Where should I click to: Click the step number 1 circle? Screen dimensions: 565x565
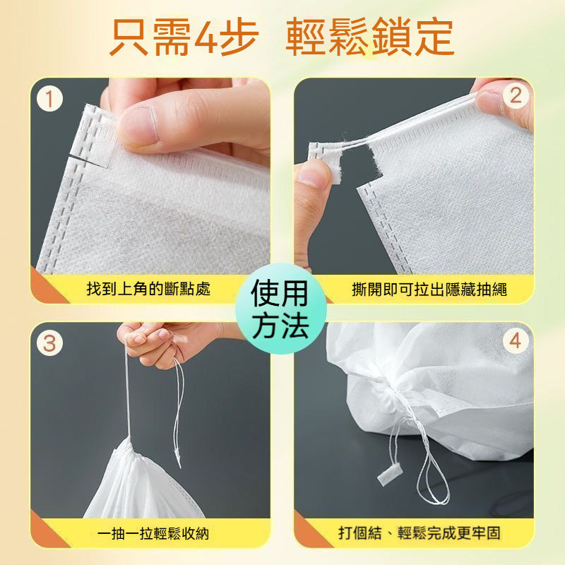(x=49, y=99)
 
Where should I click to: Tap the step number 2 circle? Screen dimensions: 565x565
(x=516, y=95)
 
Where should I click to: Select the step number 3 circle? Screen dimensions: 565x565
(x=49, y=343)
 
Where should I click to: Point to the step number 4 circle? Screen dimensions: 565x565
(x=516, y=340)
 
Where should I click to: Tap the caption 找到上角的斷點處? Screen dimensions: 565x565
(x=148, y=289)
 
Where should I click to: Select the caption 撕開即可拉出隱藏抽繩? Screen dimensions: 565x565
(x=429, y=289)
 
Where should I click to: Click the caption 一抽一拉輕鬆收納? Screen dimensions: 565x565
(x=153, y=533)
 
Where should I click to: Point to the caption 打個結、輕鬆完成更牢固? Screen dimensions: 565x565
(x=420, y=533)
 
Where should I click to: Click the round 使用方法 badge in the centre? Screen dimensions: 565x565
(x=280, y=309)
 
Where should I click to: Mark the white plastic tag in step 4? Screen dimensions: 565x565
(x=389, y=474)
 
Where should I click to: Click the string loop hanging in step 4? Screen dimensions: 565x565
(x=432, y=480)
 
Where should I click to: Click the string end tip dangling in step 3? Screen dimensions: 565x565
(x=179, y=465)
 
